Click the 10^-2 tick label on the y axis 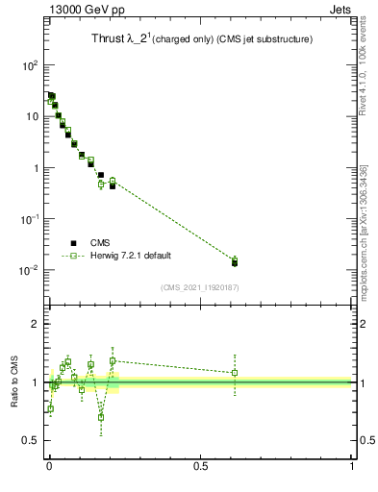click(30, 270)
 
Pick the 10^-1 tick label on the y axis click(30, 219)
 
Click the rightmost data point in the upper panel click(235, 260)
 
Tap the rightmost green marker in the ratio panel click(235, 372)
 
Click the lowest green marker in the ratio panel click(101, 417)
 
